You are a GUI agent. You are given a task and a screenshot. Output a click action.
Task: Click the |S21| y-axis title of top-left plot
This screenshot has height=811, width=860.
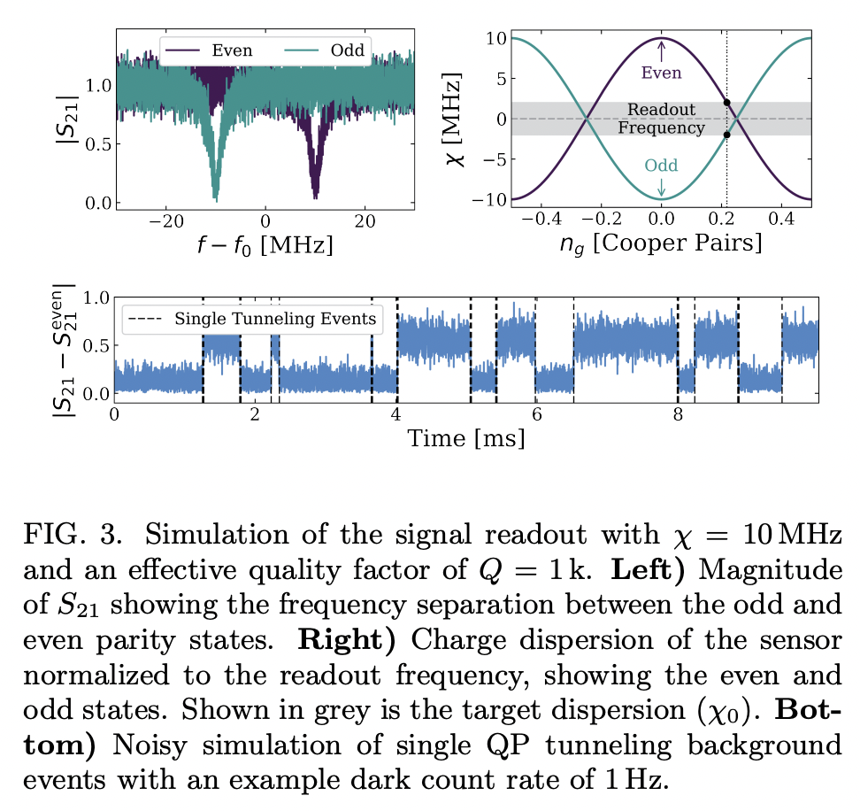click(67, 120)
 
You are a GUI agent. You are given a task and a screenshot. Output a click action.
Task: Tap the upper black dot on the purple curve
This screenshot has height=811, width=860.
click(726, 103)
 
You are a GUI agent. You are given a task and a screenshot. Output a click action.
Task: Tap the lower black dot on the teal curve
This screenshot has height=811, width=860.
click(726, 135)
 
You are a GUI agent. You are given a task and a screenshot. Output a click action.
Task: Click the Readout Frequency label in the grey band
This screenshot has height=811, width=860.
click(661, 119)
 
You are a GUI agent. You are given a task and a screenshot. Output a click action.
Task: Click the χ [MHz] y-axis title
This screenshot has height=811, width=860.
click(461, 120)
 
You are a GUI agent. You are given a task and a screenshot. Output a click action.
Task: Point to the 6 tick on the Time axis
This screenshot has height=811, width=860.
click(536, 413)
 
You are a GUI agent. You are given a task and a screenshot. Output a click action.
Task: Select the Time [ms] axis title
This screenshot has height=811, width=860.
click(465, 437)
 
